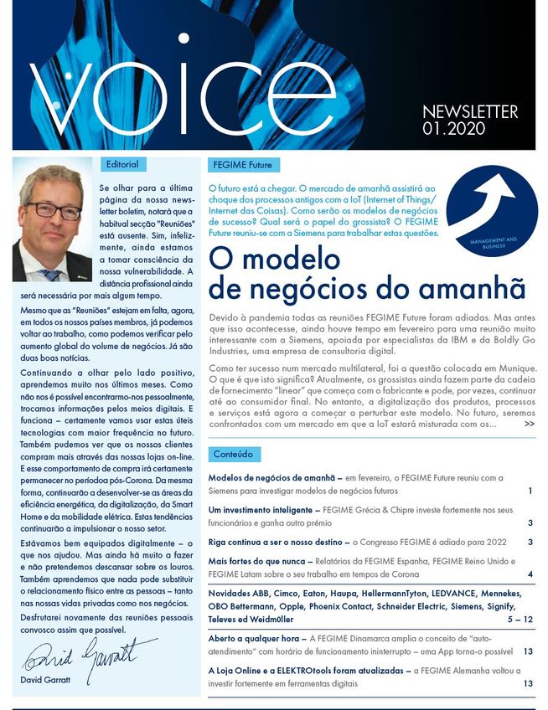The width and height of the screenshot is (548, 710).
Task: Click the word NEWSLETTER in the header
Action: pos(470,112)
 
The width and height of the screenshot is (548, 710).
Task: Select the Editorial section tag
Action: pos(122,164)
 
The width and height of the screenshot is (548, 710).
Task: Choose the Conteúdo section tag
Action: pos(234,455)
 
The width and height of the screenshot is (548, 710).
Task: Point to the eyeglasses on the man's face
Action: pos(52,208)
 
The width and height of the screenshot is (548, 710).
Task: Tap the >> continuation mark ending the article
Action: pos(529,424)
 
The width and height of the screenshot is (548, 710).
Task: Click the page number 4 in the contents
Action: pos(530,574)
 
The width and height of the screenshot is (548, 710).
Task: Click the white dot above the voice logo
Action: pos(184,38)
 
